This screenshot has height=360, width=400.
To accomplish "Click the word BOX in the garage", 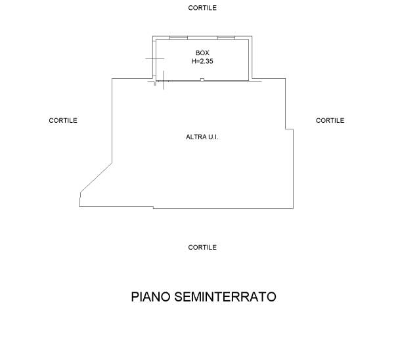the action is pos(202,53).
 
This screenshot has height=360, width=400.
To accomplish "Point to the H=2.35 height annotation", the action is pos(202,61).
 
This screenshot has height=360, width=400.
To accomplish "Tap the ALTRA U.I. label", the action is pos(202,137).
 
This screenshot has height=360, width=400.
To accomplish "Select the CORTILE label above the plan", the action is pos(202,8).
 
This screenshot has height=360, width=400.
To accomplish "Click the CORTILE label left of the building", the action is pos(63,120).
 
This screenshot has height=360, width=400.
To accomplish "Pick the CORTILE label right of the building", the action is pos(330,120).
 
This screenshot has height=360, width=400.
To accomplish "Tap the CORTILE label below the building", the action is pos(202,247).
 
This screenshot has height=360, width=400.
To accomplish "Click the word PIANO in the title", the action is pos(151,297).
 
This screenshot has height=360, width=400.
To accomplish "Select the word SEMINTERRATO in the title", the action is pos(225,297).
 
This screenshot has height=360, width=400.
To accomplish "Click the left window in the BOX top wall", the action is pos(179,38).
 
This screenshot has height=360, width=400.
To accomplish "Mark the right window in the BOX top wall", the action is pos(226,38).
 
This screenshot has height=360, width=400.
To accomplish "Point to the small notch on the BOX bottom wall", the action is pos(202,79).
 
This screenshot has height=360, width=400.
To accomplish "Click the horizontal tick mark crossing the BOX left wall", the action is pos(154,58).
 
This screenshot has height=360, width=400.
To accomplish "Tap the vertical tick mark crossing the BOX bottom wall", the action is pos(164,80).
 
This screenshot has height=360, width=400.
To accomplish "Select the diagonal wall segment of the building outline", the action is pos(96,178).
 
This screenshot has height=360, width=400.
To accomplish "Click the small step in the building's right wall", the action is pos(289,129).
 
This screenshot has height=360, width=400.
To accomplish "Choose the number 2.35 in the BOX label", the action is pos(207,61).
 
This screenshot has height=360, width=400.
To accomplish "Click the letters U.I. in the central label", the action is pos(213,137).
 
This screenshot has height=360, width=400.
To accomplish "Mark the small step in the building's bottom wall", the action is pos(153,208).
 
